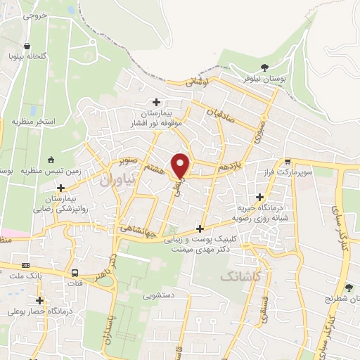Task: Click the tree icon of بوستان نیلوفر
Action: tap(264, 68)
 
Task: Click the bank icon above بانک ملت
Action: tap(26, 265)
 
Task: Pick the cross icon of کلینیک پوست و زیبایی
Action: tap(200, 229)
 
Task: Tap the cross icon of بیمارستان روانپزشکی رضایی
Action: tap(62, 188)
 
